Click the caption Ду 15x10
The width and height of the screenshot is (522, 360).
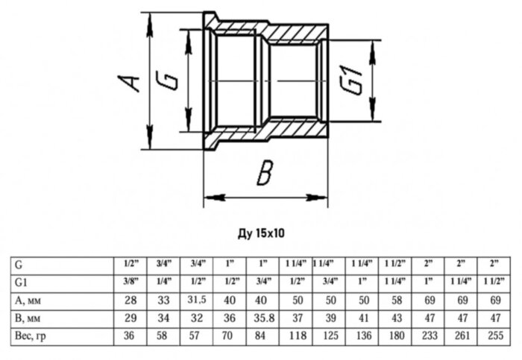click(261, 233)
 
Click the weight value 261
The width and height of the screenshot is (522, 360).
click(460, 335)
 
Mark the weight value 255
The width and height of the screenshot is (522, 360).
click(494, 335)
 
